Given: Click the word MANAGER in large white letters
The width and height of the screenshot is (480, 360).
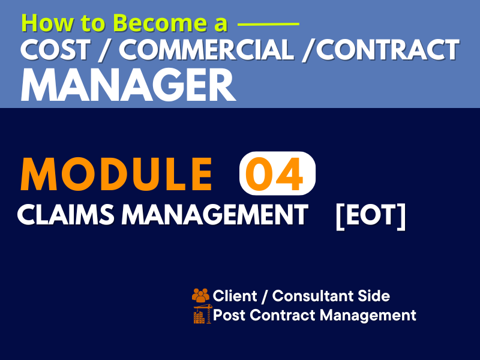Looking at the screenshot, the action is coord(128,85).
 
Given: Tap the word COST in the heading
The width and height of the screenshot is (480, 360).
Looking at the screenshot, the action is coord(55,50).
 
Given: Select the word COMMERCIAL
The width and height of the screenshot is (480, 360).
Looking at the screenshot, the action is coord(206,50).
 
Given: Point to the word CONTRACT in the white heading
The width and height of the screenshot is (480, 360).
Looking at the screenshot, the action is coord(388,50).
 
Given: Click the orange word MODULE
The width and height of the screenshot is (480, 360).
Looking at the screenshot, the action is coord(116,174).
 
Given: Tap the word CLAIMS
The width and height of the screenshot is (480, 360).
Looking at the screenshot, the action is coord(65,214).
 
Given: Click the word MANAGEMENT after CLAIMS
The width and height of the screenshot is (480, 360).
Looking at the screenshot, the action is coord(215,214).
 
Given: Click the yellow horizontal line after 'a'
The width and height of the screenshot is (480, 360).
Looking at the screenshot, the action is coord(268,24).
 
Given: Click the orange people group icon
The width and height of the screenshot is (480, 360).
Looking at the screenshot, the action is coord(201,295).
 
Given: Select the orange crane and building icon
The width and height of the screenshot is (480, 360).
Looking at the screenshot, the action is coord(203,314).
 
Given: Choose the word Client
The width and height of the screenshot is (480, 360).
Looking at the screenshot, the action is coord(235,296).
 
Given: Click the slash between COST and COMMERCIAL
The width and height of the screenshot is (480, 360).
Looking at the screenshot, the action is coord(105,50).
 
